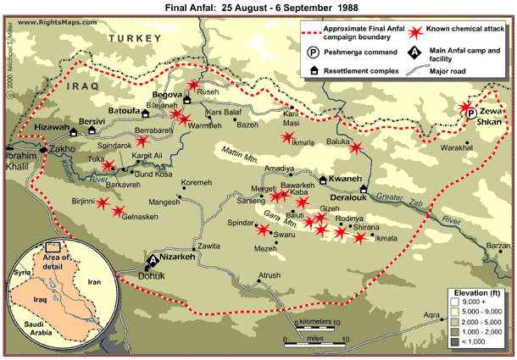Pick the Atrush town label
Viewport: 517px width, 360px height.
coord(270,276)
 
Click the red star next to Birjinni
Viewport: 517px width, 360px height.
coord(103,203)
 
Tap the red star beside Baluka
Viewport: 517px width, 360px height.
coord(356,147)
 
